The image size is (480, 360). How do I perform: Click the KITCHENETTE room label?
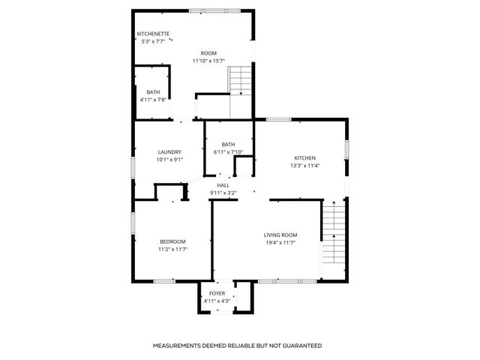pos(153,34)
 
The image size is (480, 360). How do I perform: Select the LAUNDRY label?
pos(169,151)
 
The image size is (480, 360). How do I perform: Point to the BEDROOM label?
pos(172,241)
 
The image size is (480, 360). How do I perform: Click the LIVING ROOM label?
pos(280,235)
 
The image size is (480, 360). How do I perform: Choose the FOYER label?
pos(217,293)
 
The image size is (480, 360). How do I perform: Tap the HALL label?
pos(223,185)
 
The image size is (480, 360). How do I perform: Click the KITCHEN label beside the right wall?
pos(304,157)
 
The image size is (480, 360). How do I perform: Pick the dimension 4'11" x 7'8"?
pos(153,100)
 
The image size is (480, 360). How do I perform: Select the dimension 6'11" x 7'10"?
pos(228,152)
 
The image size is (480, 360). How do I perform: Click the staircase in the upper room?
pos(239,80)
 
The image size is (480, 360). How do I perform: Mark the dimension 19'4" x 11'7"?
pos(280,242)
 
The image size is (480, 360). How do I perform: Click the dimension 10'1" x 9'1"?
pos(169,159)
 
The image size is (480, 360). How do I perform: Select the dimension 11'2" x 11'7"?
pos(172,249)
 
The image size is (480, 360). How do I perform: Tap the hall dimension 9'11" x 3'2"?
pos(223,193)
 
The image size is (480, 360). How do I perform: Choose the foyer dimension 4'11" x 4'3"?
pos(217,301)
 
